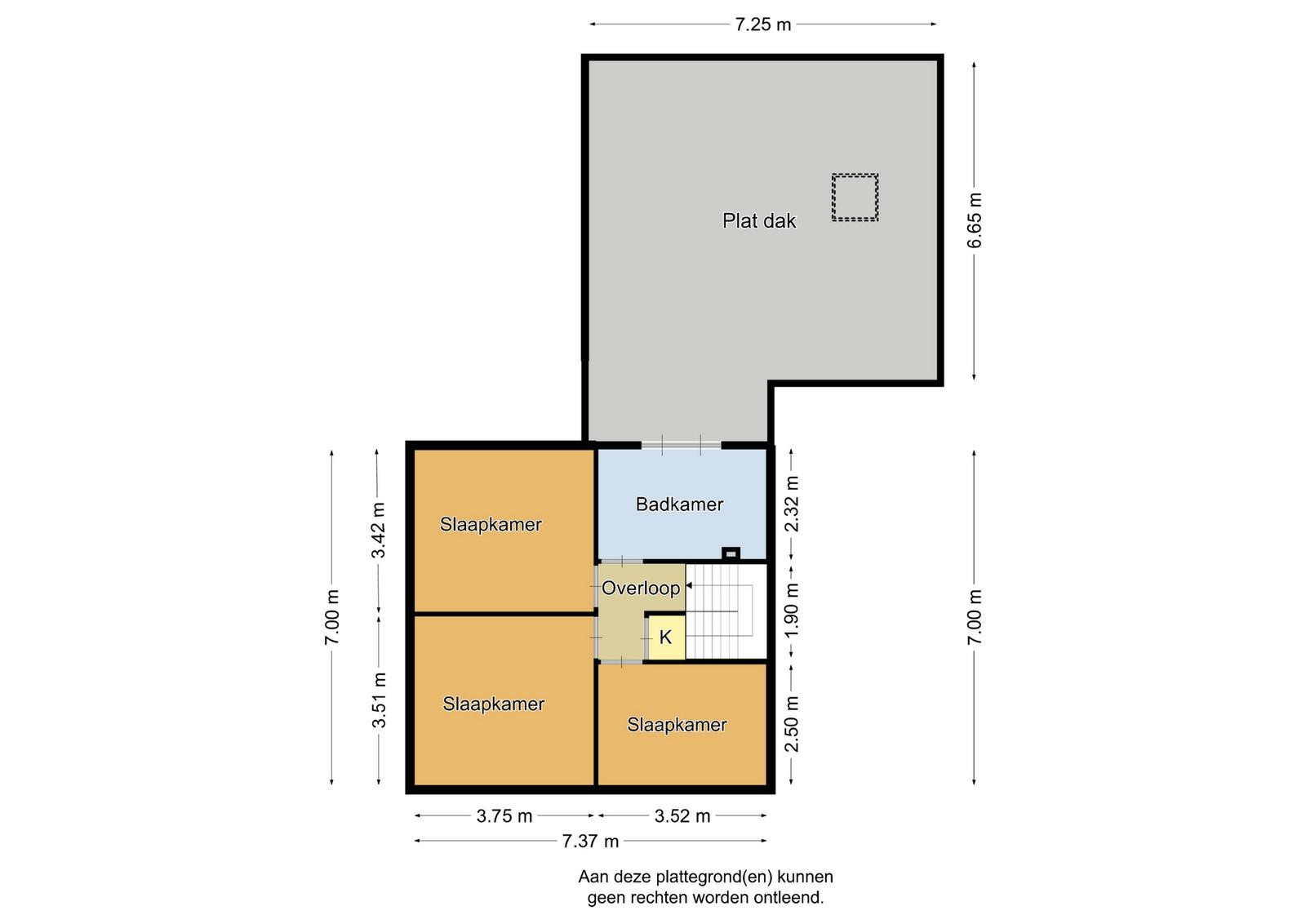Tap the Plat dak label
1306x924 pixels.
759,221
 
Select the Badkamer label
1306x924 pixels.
679,504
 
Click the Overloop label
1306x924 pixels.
641,589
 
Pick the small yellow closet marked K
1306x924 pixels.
666,637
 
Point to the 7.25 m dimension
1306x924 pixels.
762,24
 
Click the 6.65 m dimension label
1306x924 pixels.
975,220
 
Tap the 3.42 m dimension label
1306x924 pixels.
379,530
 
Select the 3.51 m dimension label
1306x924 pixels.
379,700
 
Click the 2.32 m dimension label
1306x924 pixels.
792,504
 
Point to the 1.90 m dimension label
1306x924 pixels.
792,611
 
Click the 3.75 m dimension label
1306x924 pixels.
504,816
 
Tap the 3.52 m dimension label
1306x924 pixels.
682,816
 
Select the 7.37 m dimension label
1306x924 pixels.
590,842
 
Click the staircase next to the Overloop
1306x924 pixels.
726,612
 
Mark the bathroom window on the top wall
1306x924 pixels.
682,446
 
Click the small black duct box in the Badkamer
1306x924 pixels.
731,553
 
